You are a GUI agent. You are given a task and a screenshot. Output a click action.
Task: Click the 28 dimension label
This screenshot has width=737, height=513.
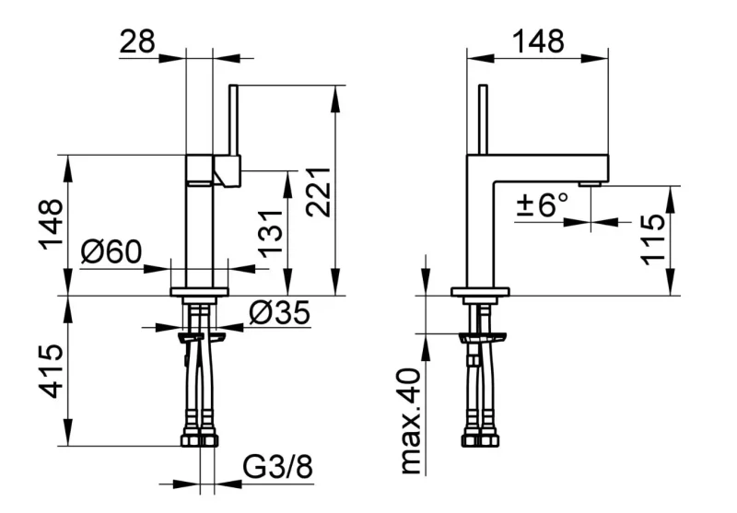coord(137,41)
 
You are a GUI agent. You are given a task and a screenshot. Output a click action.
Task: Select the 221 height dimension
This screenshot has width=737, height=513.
coord(318,192)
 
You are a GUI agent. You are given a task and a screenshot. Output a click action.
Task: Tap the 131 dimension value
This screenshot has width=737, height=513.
coord(271,234)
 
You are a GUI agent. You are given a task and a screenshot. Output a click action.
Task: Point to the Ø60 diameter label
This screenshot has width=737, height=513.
coord(111,251)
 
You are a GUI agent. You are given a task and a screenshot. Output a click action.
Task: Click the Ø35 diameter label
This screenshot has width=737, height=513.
coord(280,312)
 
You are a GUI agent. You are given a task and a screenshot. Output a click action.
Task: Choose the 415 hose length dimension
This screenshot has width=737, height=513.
coord(51,370)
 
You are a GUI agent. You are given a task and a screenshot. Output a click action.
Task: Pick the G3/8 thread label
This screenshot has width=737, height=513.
coord(278,467)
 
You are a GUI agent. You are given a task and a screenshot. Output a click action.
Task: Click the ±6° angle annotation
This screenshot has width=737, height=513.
coord(542,204)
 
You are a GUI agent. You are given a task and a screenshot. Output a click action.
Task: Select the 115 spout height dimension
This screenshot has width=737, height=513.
coord(653,239)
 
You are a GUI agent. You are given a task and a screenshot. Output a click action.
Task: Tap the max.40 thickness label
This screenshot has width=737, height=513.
coord(411,422)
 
